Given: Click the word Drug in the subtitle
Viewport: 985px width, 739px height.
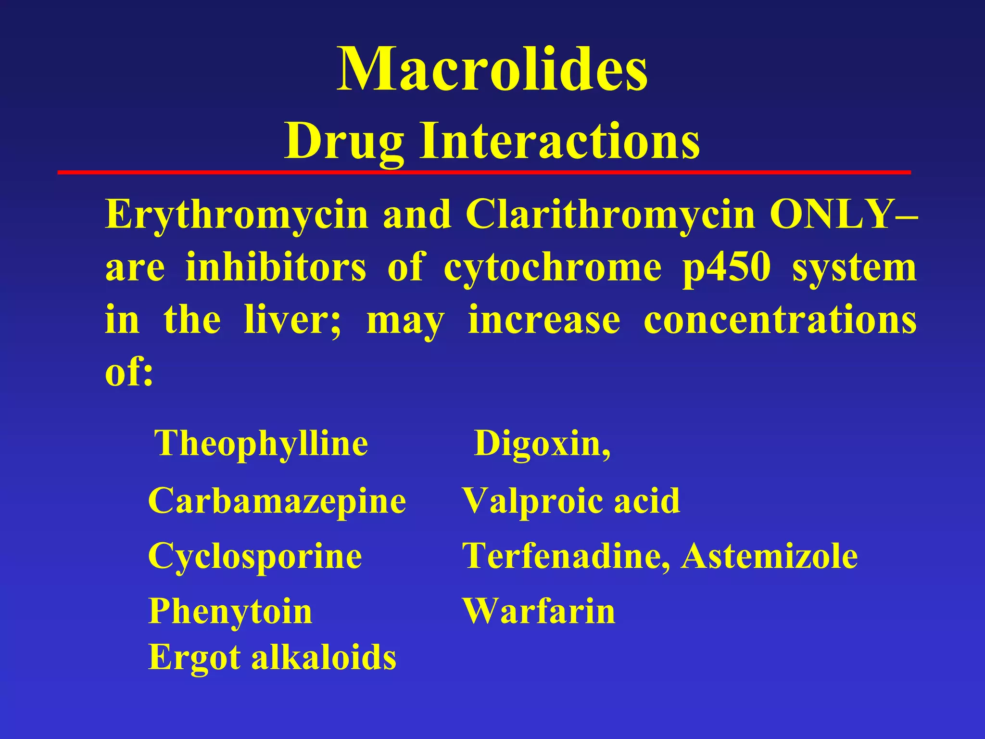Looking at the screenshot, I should point(344,141).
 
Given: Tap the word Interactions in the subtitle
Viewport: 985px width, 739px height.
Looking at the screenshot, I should point(560,141).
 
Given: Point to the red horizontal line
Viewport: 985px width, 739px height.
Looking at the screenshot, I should point(484,172).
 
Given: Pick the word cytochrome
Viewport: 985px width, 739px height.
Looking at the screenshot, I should point(552,268).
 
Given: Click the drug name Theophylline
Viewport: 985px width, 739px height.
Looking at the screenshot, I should point(261,444).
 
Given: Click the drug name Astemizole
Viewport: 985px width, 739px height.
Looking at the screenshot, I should point(770,556).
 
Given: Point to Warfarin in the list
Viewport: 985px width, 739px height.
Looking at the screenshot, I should point(539,611).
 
